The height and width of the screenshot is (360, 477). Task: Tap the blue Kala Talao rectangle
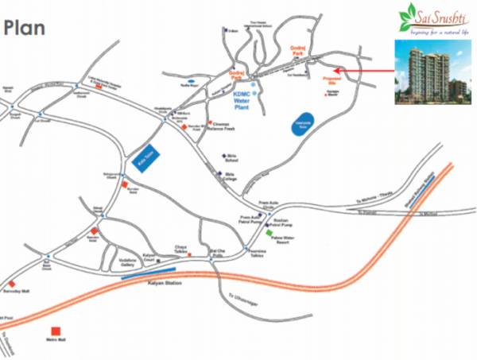click(144, 154)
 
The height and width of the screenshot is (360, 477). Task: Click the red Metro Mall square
click(56, 331)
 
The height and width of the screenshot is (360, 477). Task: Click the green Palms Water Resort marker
click(269, 236)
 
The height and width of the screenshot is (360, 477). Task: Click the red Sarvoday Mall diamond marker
click(12, 283)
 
